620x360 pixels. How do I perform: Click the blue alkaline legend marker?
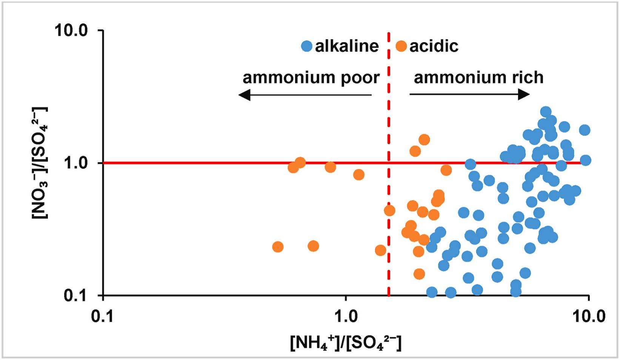point(306,46)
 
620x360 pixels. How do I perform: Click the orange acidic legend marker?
point(401,46)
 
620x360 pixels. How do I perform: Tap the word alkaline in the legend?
point(347,46)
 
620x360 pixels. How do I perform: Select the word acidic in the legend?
point(434,46)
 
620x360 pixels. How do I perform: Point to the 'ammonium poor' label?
point(311,77)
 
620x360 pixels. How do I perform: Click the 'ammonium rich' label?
point(478,77)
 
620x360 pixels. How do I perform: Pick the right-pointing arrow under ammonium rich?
point(470,94)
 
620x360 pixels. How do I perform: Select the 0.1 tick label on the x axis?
point(103,317)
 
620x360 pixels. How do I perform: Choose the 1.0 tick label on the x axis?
point(346,317)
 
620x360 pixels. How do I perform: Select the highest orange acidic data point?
point(424,140)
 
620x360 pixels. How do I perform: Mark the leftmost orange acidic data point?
point(277,247)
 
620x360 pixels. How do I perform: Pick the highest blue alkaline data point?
point(546,112)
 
